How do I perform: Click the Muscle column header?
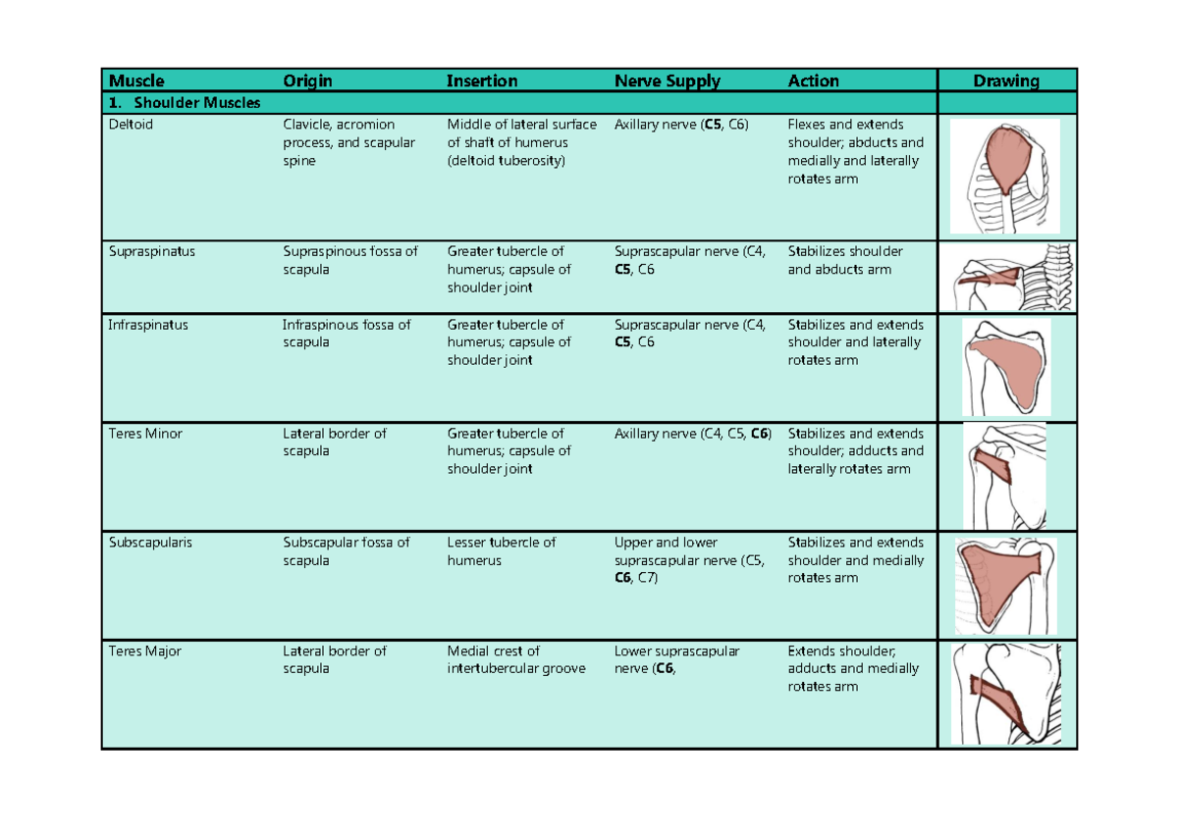[x=136, y=81]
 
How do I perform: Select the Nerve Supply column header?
[x=667, y=81]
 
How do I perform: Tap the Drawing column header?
[x=1006, y=81]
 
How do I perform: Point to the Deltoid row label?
[x=132, y=125]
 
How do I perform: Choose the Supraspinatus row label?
[x=152, y=251]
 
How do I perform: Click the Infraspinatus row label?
[x=148, y=325]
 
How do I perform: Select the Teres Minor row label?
[x=145, y=434]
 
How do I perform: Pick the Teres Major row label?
[x=145, y=651]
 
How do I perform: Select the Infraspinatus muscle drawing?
[x=1006, y=367]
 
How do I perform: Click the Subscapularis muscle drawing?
[x=1004, y=586]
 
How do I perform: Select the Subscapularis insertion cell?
[x=501, y=551]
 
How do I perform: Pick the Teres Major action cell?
[x=852, y=668]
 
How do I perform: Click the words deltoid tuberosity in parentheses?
[x=507, y=161]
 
